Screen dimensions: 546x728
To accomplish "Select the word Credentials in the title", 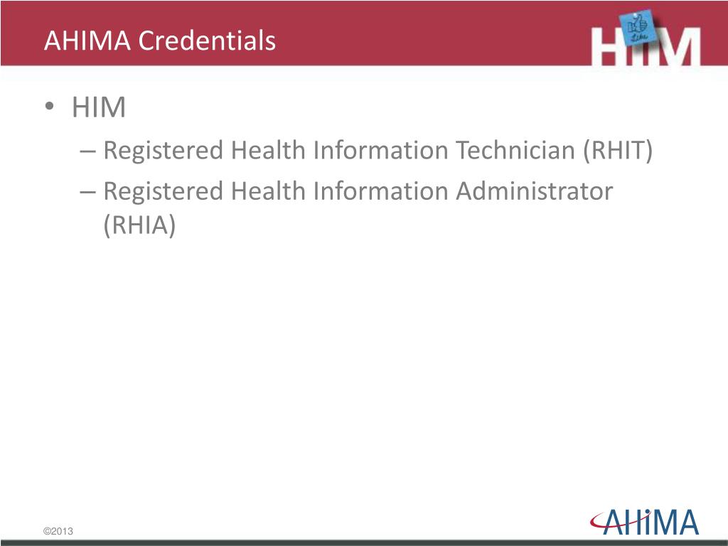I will pos(207,41).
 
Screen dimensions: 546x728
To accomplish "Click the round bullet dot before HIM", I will pos(48,108).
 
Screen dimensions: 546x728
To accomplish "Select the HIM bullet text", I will pos(99,108).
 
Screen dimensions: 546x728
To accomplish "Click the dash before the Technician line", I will pos(87,151).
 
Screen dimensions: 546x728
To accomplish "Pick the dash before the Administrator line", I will pos(87,192).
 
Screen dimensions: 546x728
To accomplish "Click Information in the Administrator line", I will pos(381,191).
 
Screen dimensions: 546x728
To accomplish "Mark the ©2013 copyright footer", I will pos(58,532).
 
